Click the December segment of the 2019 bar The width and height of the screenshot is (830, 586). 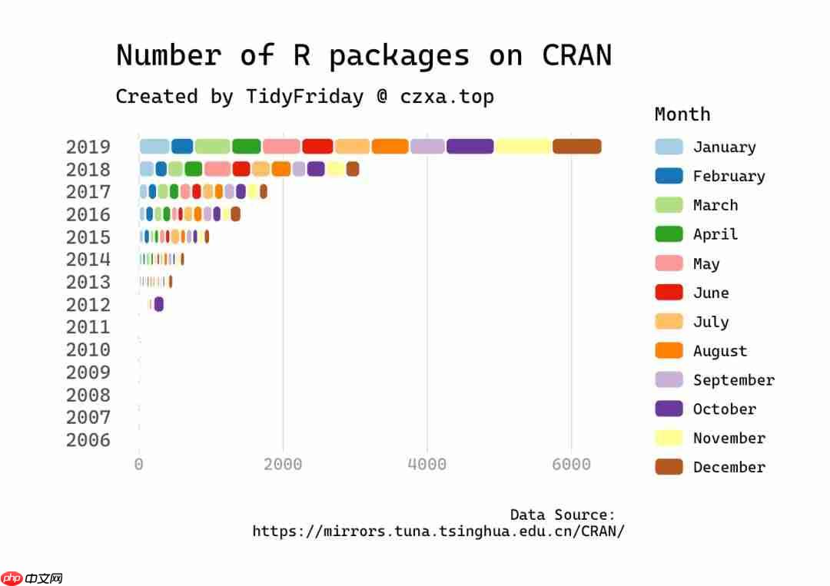pos(576,147)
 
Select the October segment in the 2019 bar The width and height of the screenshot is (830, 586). pos(470,147)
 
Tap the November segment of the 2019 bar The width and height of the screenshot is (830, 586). pos(523,147)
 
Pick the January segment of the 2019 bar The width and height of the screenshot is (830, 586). pos(154,147)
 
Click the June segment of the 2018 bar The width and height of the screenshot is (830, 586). pos(241,169)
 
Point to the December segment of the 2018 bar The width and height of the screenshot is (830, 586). pos(353,169)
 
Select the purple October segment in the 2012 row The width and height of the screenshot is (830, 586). pos(159,304)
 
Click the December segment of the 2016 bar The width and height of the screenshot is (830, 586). pos(235,214)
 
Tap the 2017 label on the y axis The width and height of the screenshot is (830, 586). pos(88,192)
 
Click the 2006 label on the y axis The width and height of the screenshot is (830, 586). pos(88,440)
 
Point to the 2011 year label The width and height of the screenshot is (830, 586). pos(88,327)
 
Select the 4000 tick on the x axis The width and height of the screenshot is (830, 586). pos(427,465)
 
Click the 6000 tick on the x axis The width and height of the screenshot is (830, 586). pos(571,465)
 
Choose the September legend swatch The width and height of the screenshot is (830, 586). pos(669,379)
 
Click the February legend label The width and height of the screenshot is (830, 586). pos(729,176)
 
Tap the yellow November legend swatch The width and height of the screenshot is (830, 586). pos(669,438)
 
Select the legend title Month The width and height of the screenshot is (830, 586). pos(682,114)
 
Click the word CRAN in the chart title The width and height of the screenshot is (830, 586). pos(576,55)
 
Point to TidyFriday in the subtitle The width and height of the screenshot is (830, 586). pos(304,97)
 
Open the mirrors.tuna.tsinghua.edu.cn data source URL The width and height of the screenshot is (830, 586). pos(438,531)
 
